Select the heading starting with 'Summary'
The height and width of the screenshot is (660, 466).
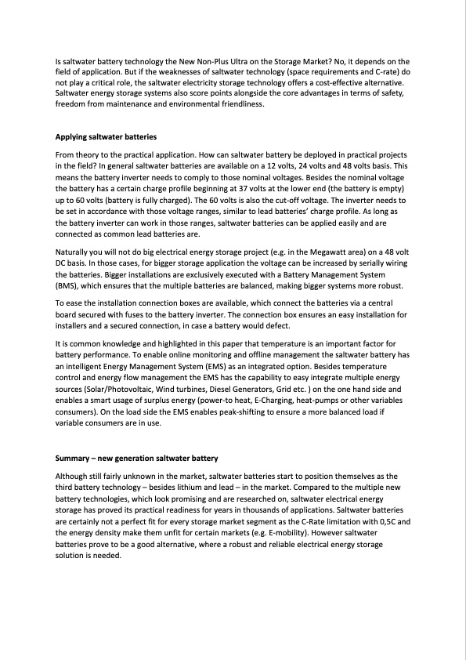click(136, 458)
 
